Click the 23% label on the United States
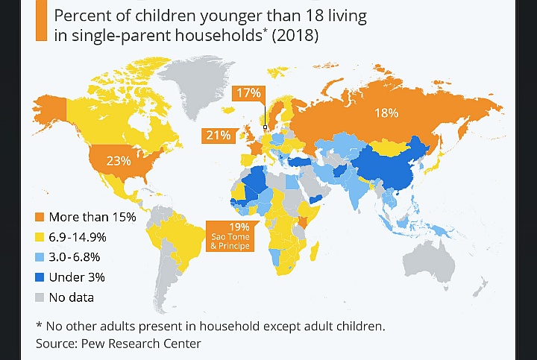click(119, 160)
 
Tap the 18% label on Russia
click(386, 113)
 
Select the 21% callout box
click(218, 135)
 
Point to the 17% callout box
click(248, 93)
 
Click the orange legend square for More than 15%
click(40, 218)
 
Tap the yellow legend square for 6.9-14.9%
click(40, 238)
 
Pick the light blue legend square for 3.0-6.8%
click(40, 258)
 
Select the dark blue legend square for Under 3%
click(40, 277)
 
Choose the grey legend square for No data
click(40, 297)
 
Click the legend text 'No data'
click(72, 297)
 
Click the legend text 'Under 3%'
click(77, 277)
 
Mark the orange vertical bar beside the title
click(41, 23)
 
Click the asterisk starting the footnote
click(40, 326)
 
